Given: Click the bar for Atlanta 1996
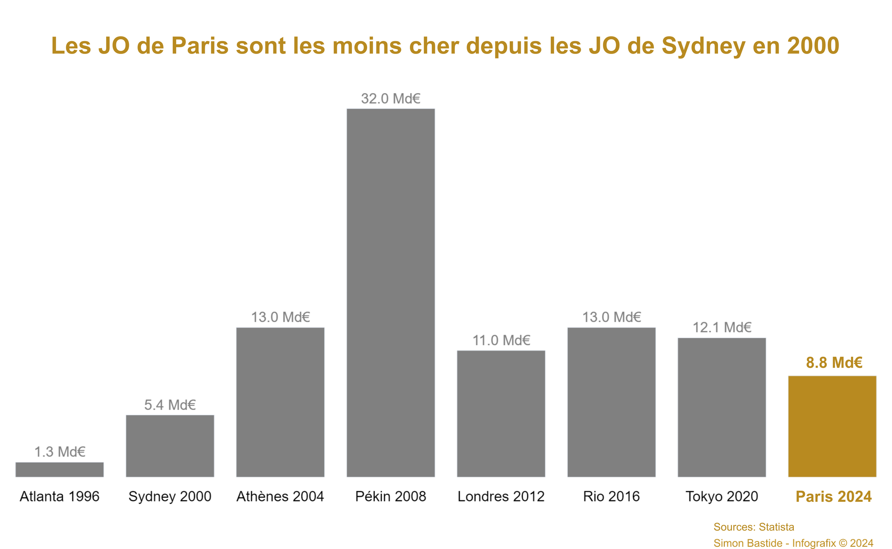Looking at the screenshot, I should (59, 470).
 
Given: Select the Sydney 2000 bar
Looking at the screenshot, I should (170, 446).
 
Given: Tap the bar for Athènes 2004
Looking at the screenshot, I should (280, 402).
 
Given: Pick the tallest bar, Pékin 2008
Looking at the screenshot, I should (391, 293).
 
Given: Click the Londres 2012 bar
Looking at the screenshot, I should (501, 414).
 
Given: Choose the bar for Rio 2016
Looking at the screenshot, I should (611, 402).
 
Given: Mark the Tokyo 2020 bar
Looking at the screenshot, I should (722, 407).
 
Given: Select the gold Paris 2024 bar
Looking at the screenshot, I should (832, 426).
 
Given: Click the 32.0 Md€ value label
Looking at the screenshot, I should (391, 99).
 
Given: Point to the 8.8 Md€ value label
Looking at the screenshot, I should (834, 363).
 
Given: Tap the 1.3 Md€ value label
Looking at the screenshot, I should (60, 452).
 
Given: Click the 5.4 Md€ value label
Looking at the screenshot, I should (170, 405).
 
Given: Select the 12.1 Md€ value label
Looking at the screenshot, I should (722, 328).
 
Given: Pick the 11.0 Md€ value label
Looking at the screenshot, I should (501, 341).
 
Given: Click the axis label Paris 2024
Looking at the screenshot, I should (834, 496).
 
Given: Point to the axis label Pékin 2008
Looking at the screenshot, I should (391, 496).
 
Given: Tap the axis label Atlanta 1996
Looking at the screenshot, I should (60, 496).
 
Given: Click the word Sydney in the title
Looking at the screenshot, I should (703, 46).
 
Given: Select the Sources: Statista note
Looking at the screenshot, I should (754, 527).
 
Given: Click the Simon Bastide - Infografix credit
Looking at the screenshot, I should (793, 543).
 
